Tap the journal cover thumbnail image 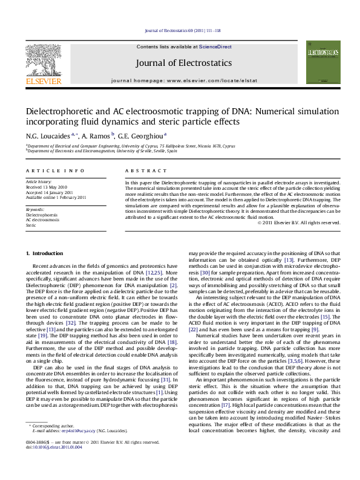[322, 62]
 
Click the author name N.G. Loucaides [47, 136]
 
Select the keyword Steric [31, 225]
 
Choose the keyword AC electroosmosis [42, 219]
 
